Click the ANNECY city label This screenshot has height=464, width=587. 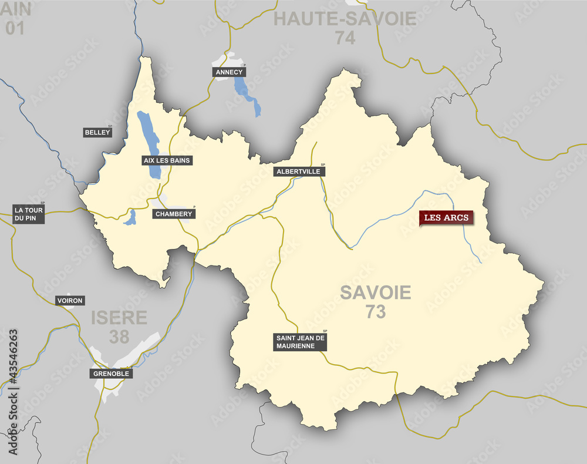229,72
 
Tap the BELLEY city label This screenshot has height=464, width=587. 97,133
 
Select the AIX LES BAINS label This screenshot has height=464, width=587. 167,160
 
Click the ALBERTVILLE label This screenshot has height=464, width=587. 299,172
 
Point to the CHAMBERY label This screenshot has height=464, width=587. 174,214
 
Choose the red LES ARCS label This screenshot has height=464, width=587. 446,218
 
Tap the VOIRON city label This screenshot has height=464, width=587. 70,301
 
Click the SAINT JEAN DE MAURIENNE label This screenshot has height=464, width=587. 301,342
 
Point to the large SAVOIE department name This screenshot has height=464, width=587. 376,292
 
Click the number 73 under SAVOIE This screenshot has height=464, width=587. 376,312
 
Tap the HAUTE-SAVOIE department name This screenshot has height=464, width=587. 345,19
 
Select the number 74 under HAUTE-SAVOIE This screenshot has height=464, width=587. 346,38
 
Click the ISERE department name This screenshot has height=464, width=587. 119,318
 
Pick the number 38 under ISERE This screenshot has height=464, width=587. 119,337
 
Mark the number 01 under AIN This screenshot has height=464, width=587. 15,28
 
